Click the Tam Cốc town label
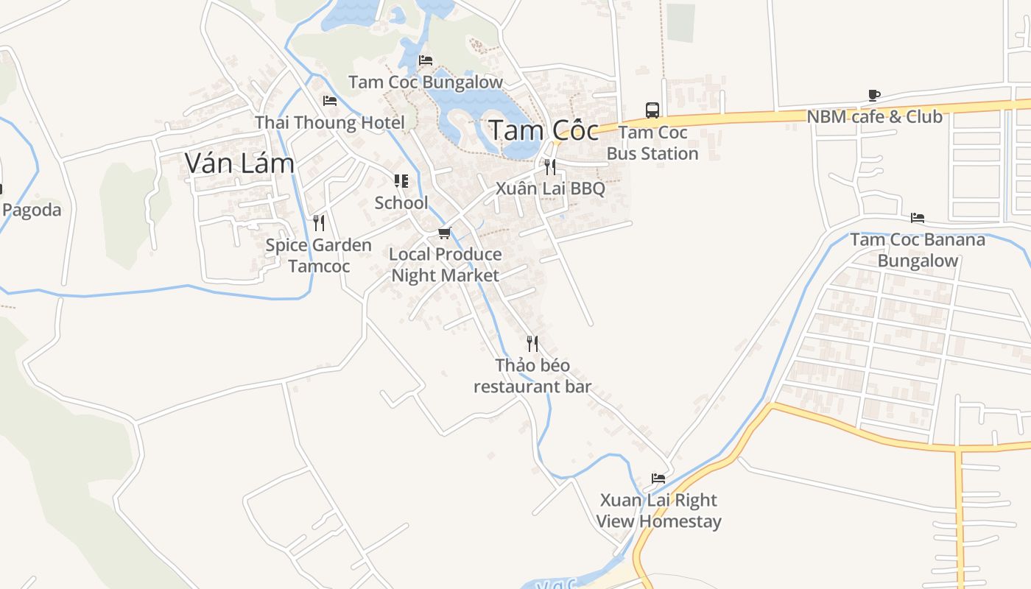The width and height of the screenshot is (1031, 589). (543, 130)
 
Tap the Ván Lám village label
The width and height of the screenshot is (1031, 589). (239, 163)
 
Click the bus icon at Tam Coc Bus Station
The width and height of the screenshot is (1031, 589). (652, 110)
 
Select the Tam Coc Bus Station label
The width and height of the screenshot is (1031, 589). (652, 143)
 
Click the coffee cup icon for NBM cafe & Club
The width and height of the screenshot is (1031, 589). (874, 95)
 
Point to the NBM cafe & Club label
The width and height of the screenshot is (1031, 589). (874, 116)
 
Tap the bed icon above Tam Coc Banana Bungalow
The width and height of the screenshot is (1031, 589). (918, 218)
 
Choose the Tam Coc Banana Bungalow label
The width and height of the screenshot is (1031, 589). (918, 250)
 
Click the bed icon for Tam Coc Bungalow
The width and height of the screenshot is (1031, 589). (426, 60)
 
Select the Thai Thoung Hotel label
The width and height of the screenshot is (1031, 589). (330, 122)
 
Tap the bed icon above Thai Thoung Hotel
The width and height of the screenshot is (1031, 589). (330, 101)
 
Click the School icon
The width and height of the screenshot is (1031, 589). (401, 181)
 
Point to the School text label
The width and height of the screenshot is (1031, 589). (401, 202)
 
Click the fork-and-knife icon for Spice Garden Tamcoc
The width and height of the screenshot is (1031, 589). (319, 222)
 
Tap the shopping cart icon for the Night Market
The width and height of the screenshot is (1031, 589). (444, 233)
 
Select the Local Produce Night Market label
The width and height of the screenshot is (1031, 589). (446, 264)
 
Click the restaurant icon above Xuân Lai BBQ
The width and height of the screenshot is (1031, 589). (550, 167)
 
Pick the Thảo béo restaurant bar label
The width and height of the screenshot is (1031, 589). (532, 375)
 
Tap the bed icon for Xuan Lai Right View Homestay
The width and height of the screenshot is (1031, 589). (658, 479)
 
